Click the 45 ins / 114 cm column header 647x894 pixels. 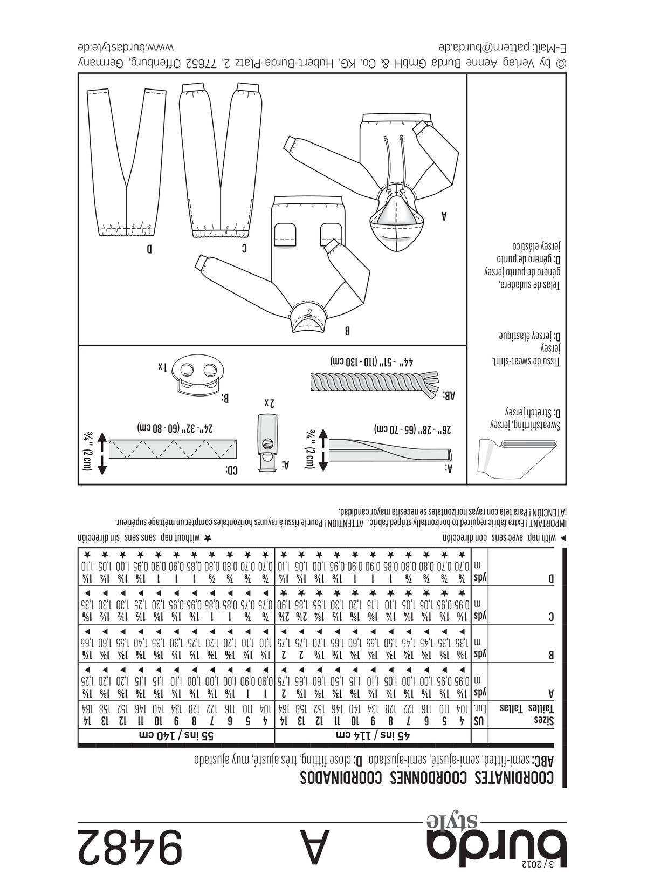click(373, 735)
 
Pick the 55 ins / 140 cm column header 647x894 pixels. click(176, 735)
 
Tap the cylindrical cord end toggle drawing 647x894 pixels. click(267, 443)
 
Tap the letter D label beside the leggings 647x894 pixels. click(149, 250)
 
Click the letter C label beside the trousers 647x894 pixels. click(244, 249)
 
